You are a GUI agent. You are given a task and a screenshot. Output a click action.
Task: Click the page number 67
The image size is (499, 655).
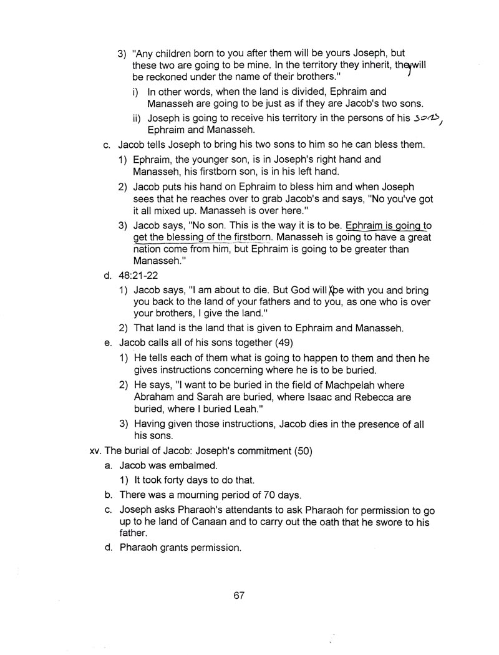pos(239,595)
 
